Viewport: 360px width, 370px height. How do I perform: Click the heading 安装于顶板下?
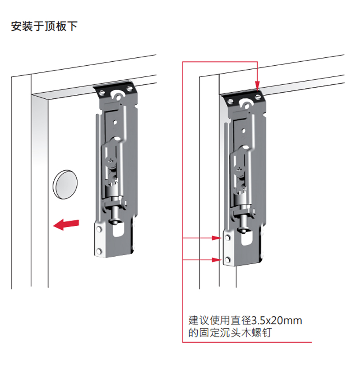44,26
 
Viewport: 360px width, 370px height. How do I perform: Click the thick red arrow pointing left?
66,224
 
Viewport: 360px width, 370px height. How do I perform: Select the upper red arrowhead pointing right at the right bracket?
216,238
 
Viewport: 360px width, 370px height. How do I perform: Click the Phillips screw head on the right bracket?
240,168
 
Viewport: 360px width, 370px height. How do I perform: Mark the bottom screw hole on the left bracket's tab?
99,251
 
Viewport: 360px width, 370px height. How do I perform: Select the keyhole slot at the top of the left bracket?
118,96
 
